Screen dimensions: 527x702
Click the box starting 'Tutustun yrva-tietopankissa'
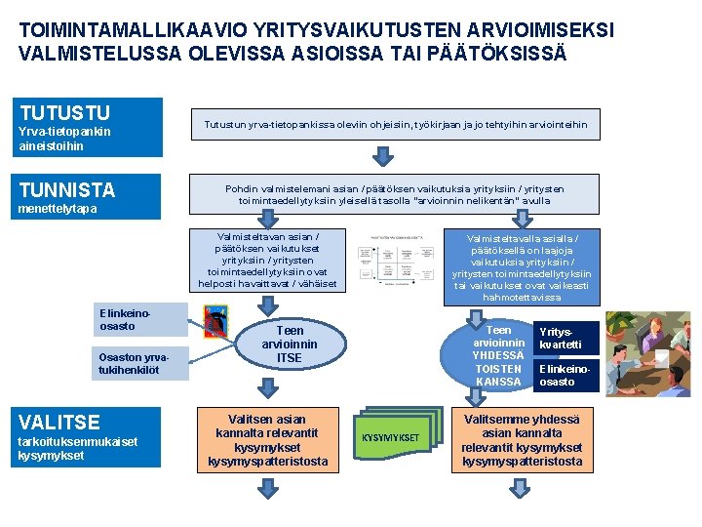395,124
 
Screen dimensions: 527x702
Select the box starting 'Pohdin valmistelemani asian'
395,194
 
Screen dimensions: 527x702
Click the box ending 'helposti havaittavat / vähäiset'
267,260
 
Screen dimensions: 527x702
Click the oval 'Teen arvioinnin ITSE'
289,345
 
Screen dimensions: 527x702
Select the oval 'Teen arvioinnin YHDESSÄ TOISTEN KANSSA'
498,355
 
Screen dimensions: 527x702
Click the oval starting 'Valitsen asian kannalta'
267,440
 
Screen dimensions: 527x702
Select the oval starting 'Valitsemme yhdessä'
522,440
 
